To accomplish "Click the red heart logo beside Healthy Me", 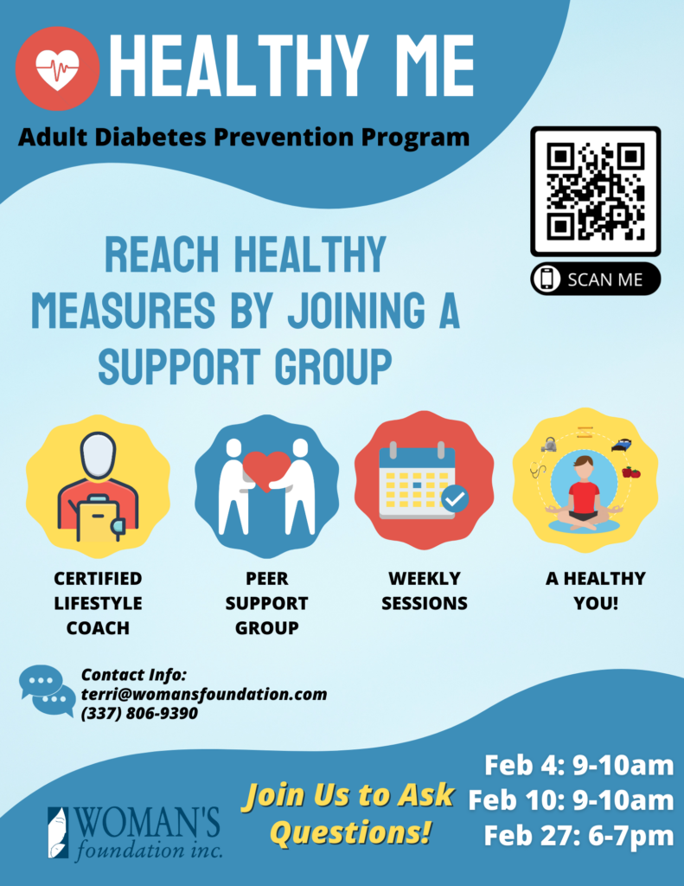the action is point(57,68).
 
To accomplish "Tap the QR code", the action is point(595,191).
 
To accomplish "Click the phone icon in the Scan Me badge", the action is point(547,279).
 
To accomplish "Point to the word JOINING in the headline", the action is point(356,311).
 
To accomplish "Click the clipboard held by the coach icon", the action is point(98,518).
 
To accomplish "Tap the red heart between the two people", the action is point(266,470).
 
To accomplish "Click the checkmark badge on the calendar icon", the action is point(455,498).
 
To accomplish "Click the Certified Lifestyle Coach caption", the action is point(98,603).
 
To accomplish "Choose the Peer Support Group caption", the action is point(266,603).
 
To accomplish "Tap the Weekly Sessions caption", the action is point(425,591).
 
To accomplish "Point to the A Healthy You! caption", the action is point(595,591).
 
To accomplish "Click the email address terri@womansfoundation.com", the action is point(204,694).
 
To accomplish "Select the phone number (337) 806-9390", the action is point(139,713).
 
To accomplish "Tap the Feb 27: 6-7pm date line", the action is point(579,836).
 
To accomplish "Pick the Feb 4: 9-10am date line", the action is point(579,766).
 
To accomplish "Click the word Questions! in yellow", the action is point(350,832).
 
